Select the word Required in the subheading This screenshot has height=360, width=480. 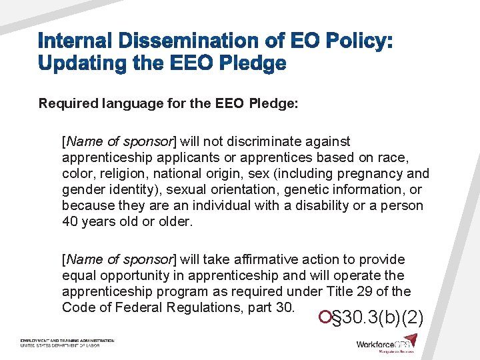(67, 104)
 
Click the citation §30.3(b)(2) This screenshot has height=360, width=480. (377, 317)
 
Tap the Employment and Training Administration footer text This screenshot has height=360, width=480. (67, 341)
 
